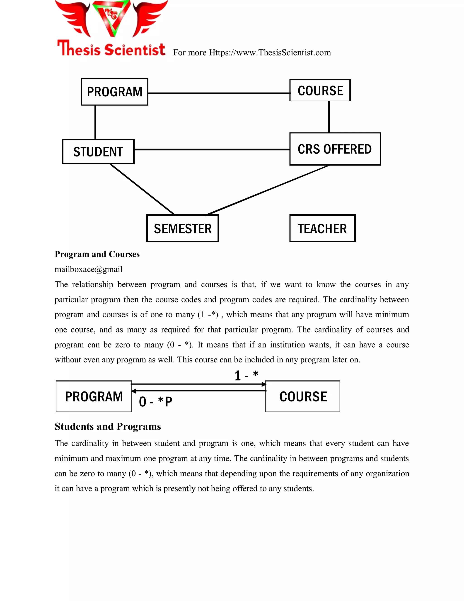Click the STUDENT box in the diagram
(98, 152)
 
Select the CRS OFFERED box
(335, 149)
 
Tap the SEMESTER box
(183, 228)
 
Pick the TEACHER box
(322, 228)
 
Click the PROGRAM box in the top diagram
(114, 92)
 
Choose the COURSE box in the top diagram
(320, 90)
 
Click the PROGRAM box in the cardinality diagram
(94, 396)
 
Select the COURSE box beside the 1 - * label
(303, 396)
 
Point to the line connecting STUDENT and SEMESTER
(142, 189)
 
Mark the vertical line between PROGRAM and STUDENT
(95, 122)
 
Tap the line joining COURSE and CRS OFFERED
(329, 117)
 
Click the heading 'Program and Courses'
(97, 254)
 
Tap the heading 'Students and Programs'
(108, 426)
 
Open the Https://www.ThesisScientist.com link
(270, 53)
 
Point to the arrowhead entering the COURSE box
(264, 384)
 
